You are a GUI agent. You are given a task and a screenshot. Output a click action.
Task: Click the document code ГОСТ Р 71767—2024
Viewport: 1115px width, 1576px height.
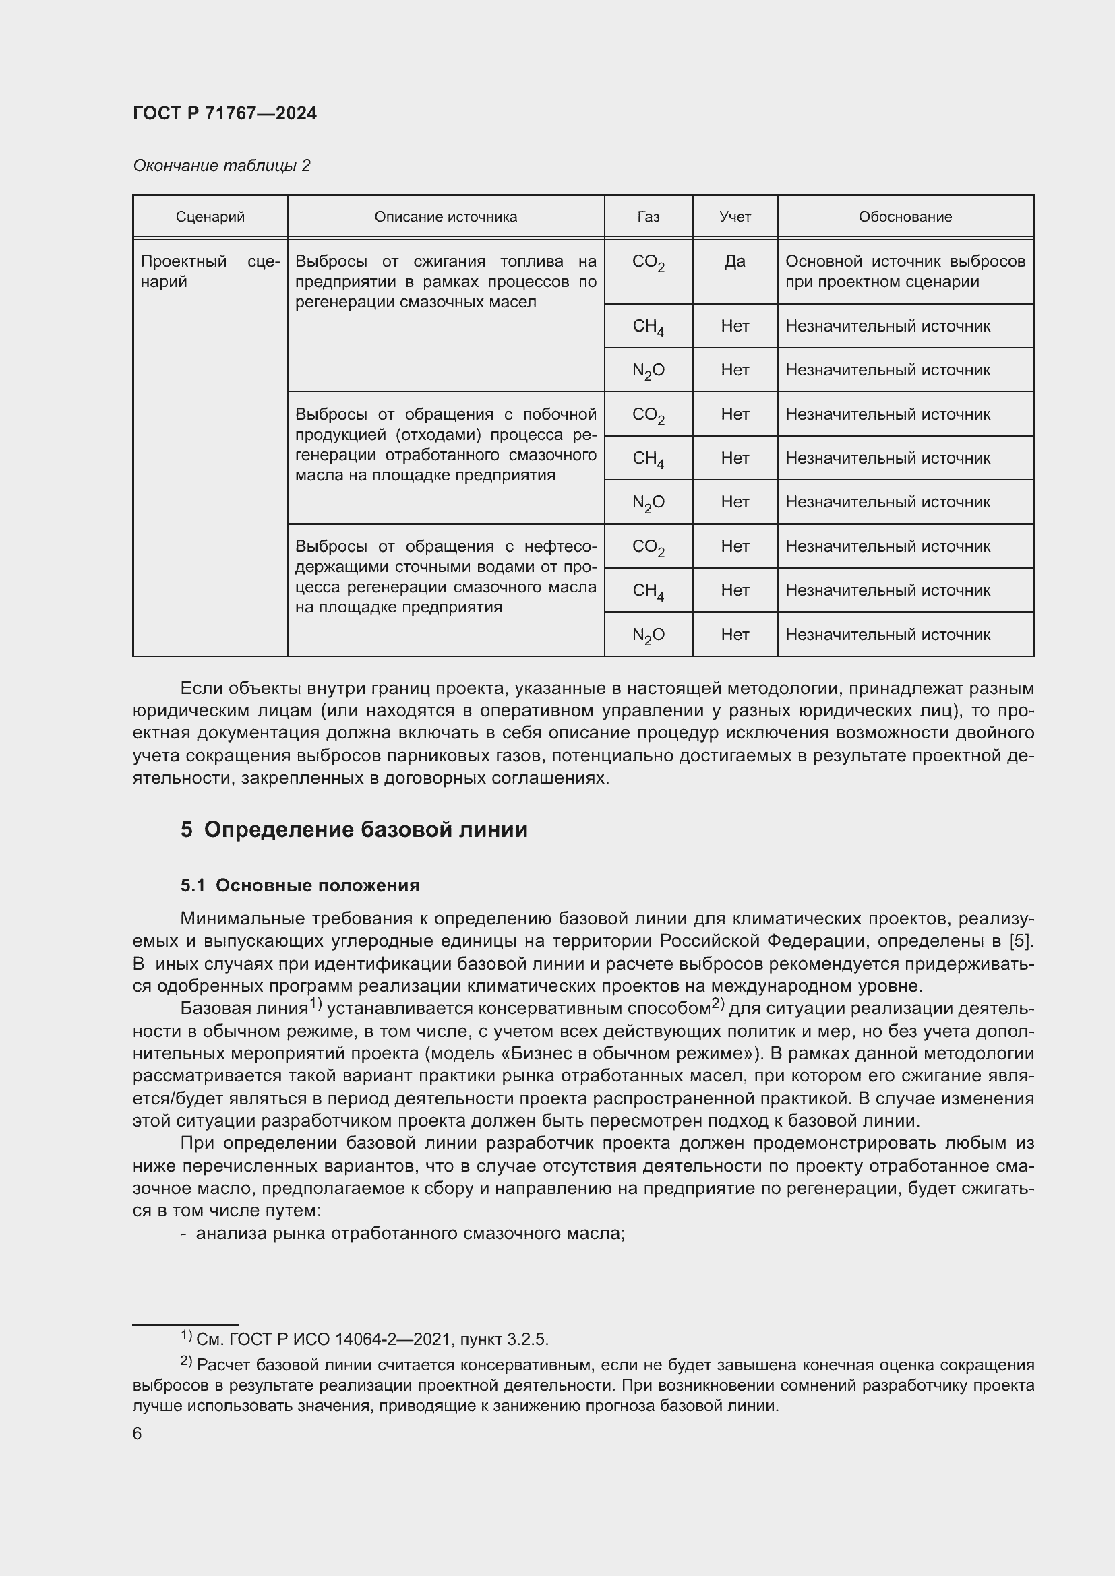click(x=224, y=113)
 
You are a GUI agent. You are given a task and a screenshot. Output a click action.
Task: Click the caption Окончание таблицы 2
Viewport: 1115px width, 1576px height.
click(x=221, y=166)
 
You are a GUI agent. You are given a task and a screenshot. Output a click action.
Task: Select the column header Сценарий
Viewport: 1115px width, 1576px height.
click(x=210, y=217)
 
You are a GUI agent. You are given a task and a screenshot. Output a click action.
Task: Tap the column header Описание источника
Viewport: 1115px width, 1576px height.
click(x=446, y=217)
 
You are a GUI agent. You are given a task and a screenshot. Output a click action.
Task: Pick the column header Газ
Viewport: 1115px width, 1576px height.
click(x=648, y=217)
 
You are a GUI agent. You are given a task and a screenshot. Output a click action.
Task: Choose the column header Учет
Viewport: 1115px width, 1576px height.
click(x=735, y=217)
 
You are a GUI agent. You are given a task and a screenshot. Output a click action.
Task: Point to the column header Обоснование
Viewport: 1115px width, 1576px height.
click(x=905, y=217)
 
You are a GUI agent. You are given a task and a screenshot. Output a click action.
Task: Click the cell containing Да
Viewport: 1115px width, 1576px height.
click(x=735, y=261)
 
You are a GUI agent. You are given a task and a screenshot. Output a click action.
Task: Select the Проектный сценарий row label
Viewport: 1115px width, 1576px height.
click(x=210, y=272)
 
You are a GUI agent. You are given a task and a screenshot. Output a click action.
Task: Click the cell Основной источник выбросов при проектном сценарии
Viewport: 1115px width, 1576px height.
click(x=905, y=272)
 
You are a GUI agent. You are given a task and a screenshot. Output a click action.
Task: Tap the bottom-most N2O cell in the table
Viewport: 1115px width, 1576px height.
click(x=648, y=635)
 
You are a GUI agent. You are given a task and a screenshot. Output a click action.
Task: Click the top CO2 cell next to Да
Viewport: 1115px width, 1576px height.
click(x=648, y=263)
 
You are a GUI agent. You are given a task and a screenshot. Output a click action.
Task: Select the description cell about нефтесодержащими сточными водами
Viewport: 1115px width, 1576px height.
click(x=446, y=577)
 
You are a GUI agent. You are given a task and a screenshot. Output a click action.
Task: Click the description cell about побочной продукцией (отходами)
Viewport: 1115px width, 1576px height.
click(x=446, y=445)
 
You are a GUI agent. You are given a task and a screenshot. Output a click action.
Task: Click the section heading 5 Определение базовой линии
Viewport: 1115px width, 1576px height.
click(x=355, y=830)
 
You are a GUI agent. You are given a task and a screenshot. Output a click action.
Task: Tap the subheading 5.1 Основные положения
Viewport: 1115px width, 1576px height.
click(x=300, y=885)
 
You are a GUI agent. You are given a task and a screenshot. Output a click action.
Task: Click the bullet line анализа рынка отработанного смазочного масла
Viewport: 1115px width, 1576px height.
click(x=410, y=1234)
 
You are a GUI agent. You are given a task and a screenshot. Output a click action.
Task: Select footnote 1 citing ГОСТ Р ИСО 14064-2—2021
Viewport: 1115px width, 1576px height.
click(x=364, y=1339)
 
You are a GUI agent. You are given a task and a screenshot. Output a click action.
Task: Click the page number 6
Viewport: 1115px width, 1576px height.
click(x=138, y=1434)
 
